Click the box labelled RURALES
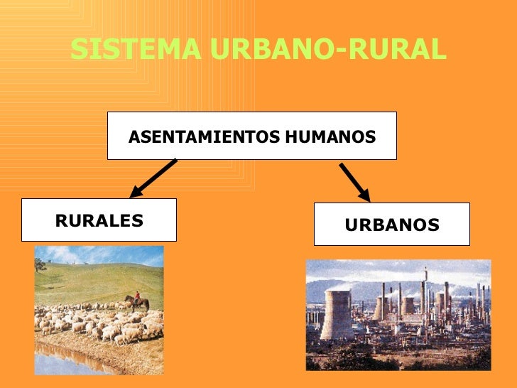click(99, 220)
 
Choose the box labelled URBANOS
click(391, 225)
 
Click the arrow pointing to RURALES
click(153, 178)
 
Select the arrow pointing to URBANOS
click(354, 182)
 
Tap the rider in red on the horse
click(137, 295)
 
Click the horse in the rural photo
click(137, 303)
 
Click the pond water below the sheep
click(64, 362)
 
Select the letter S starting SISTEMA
click(77, 50)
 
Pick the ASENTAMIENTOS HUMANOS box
click(251, 136)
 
